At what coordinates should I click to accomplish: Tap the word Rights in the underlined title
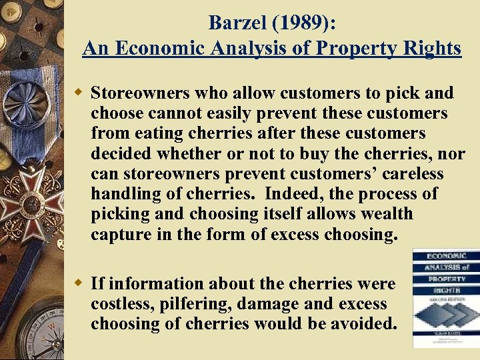[x=430, y=48]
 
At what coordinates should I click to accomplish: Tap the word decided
[x=121, y=154]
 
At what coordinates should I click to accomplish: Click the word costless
[x=119, y=304]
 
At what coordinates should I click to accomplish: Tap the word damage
[x=255, y=304]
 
